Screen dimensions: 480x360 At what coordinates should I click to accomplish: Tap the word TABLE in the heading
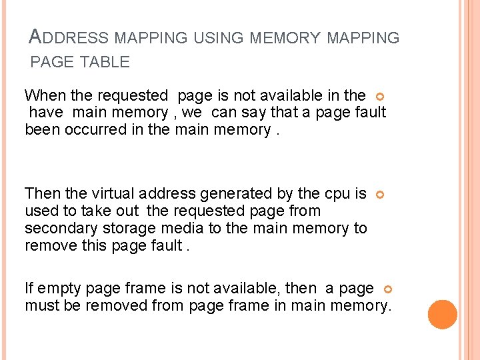[x=105, y=63]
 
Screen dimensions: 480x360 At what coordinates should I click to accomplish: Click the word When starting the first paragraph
[x=45, y=95]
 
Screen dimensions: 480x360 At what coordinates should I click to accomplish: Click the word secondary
[x=58, y=229]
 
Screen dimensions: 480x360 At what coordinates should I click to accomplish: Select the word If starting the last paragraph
[x=29, y=289]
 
